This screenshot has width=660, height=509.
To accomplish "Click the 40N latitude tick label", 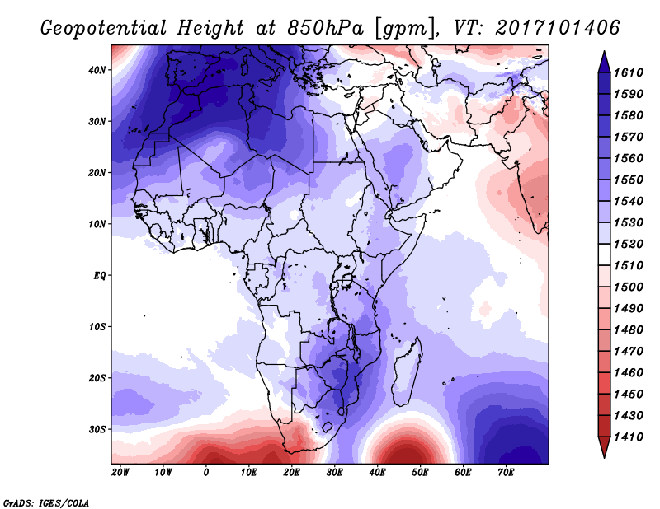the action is tap(97, 70).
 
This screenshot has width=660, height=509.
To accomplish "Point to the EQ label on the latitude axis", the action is tap(99, 276).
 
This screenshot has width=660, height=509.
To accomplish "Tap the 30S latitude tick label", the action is tap(97, 430).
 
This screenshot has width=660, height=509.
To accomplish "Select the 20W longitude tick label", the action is tap(120, 473).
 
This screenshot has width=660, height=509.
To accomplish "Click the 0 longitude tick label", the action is tap(205, 473).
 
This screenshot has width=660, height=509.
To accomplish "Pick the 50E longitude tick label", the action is tap(420, 473).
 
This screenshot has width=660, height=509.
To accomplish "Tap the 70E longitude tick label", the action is tap(506, 473).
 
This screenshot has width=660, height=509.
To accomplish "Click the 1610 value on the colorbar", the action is tap(629, 72).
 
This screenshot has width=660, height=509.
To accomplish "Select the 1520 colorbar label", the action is tap(629, 244).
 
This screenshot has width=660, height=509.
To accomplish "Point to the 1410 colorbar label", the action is tap(629, 437).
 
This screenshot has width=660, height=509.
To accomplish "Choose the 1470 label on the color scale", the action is tap(629, 352).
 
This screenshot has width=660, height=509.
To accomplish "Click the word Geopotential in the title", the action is tap(104, 29).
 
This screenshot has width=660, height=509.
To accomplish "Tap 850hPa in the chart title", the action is tap(325, 28).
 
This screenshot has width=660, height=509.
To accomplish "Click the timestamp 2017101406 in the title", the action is tap(558, 28).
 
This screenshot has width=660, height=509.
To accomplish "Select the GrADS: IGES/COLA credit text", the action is tap(46, 503).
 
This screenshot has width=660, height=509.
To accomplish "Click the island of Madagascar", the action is tap(407, 372).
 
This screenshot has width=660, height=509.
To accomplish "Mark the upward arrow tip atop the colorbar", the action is tap(605, 52).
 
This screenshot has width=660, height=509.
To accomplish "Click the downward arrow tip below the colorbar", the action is tap(605, 457).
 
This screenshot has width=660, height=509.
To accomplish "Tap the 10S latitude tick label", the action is tap(97, 327).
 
